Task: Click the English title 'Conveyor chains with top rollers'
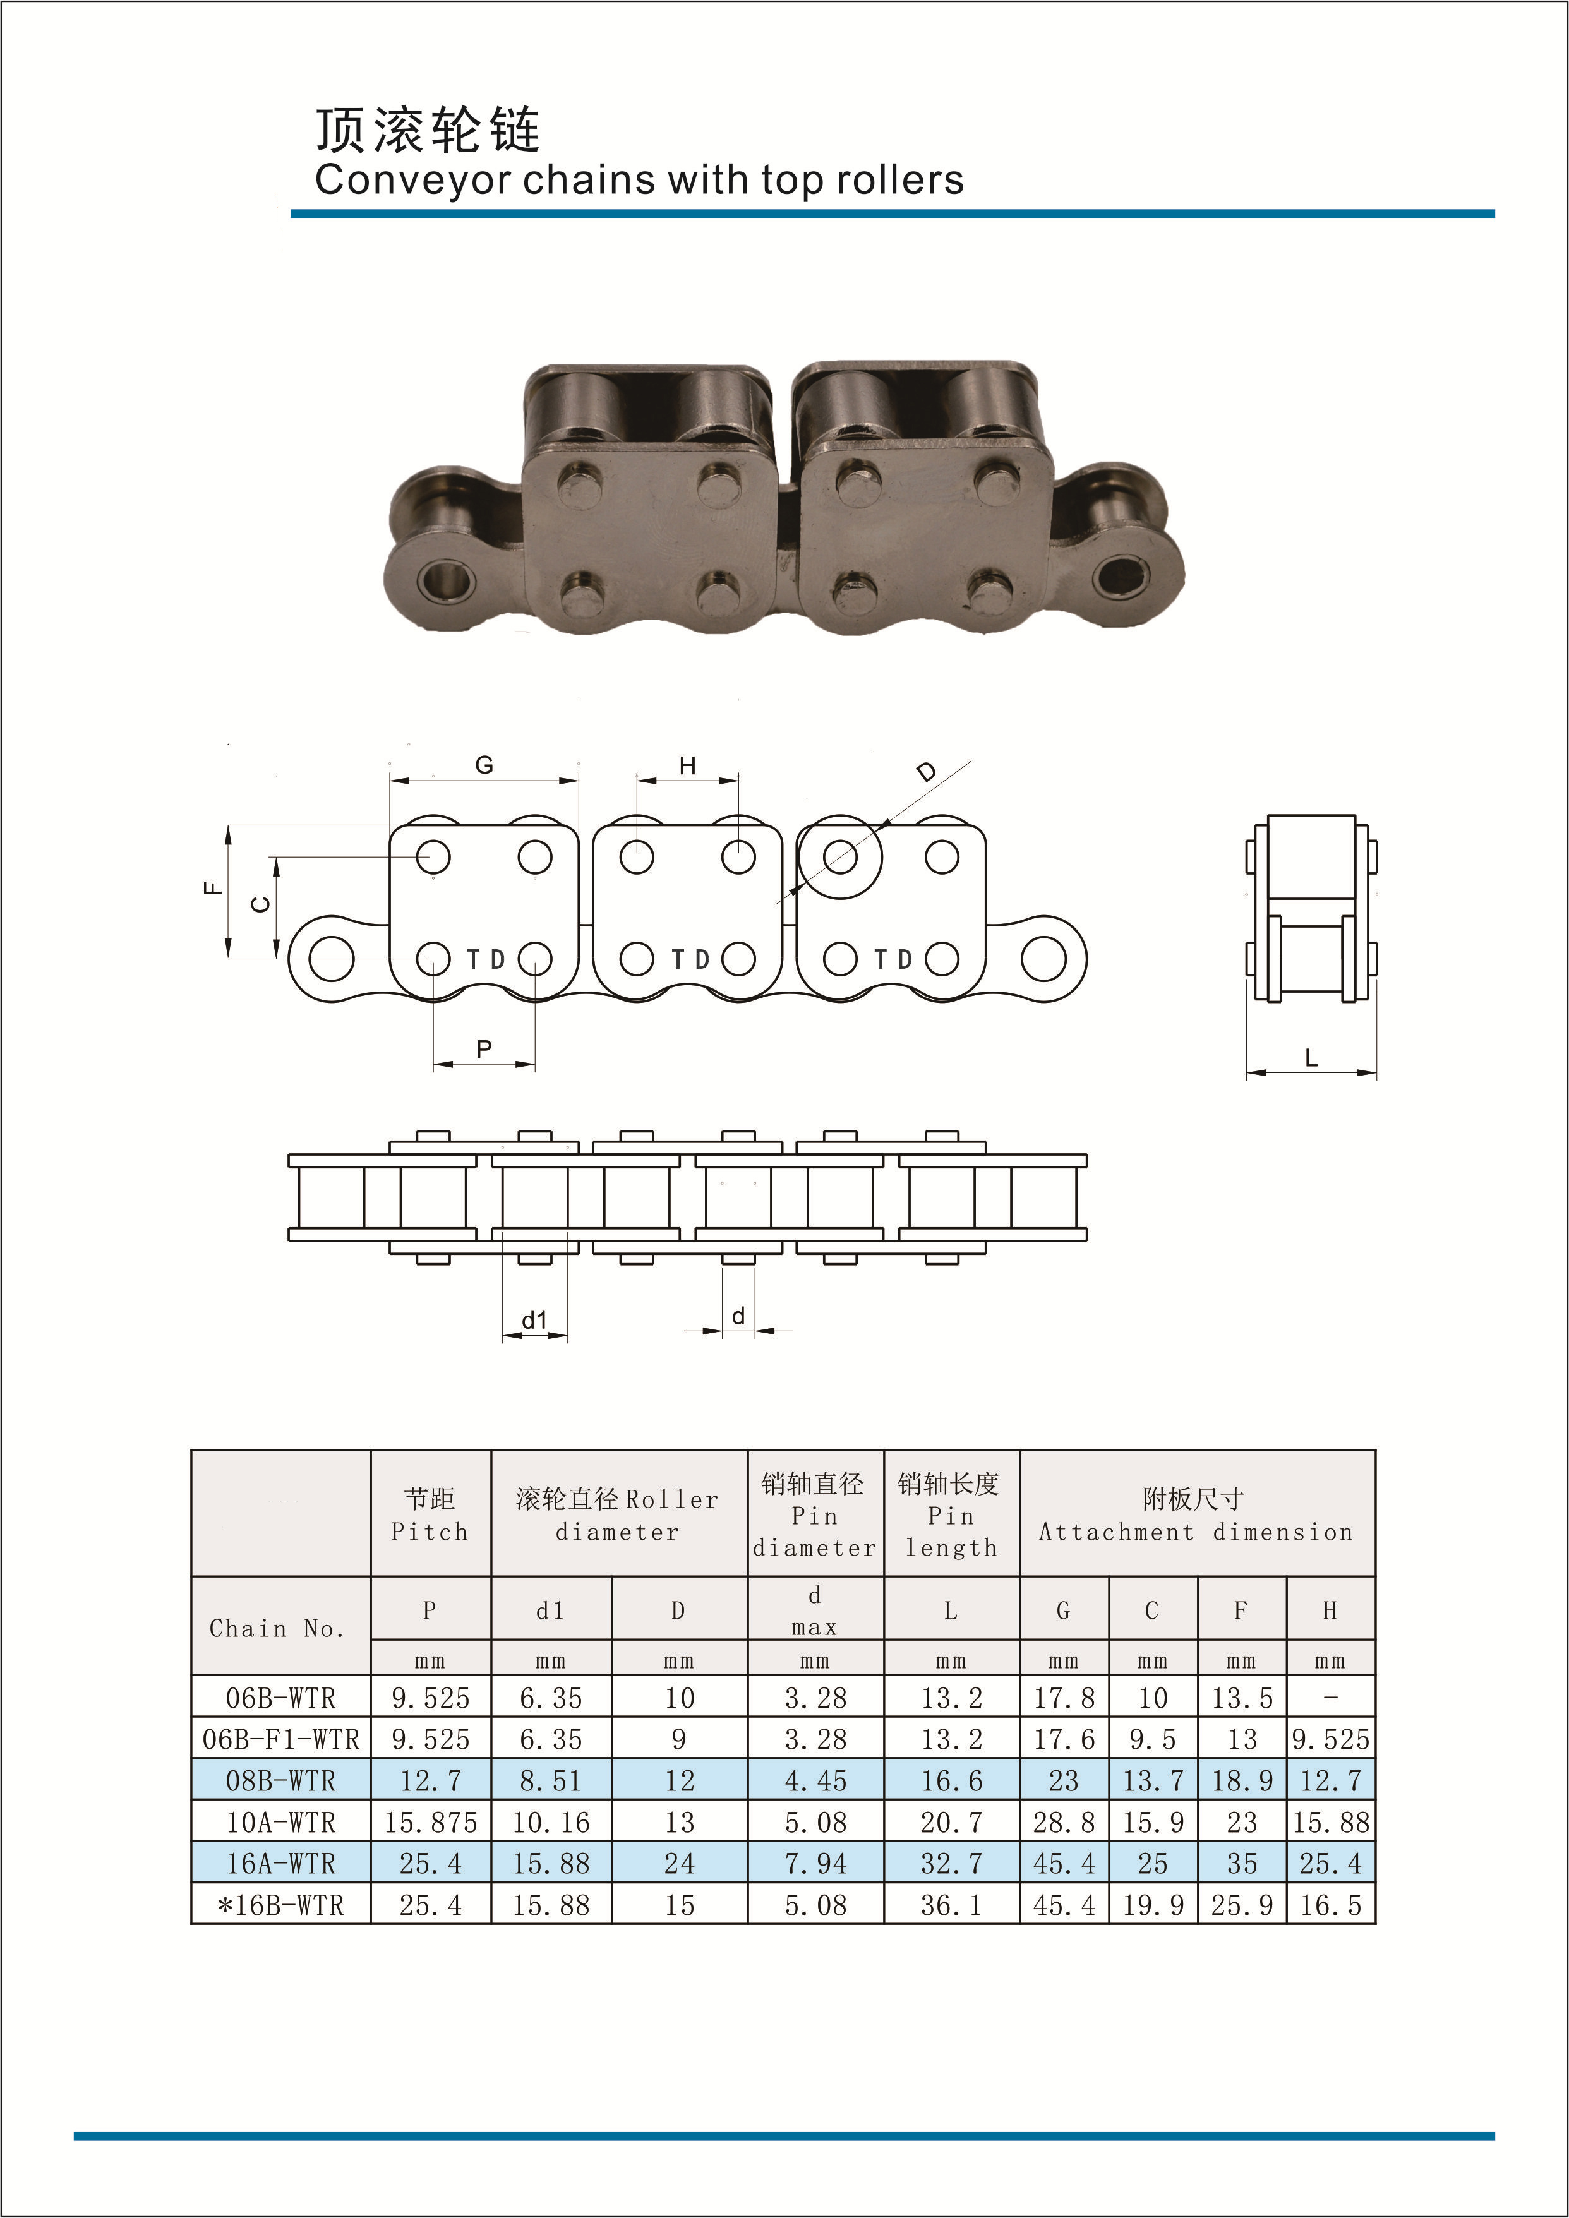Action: pyautogui.click(x=639, y=181)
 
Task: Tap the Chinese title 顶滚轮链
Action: pyautogui.click(x=428, y=130)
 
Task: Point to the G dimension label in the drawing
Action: pyautogui.click(x=484, y=765)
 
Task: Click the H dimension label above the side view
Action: pyautogui.click(x=687, y=766)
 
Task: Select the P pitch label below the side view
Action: pyautogui.click(x=484, y=1048)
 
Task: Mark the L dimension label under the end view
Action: pyautogui.click(x=1311, y=1058)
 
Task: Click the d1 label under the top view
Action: pyautogui.click(x=534, y=1319)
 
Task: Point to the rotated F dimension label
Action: pyautogui.click(x=213, y=889)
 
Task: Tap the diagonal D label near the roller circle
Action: pyautogui.click(x=927, y=772)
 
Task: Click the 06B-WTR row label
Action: pyautogui.click(x=280, y=1698)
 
